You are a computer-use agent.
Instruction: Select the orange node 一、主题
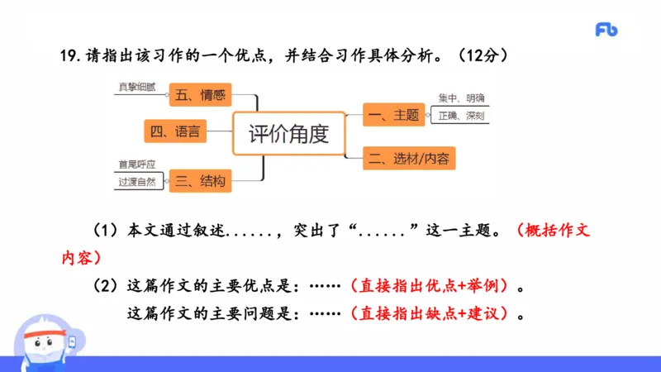394,116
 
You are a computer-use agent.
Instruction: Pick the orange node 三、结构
199,181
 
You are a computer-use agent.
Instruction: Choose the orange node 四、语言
174,131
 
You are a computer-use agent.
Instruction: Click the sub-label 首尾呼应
137,164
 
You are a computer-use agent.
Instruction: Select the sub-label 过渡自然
136,182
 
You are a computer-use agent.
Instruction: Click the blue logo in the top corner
606,30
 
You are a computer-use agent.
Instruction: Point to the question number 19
69,55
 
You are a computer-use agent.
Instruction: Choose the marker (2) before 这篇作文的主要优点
105,286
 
